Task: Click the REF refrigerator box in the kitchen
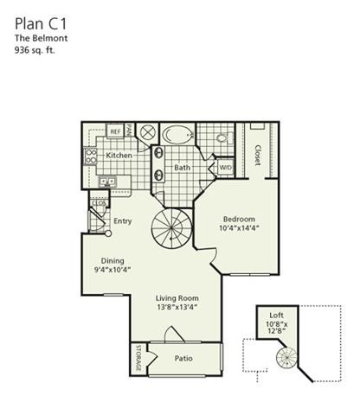114,131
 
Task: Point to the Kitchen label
119,156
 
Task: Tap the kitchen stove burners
91,156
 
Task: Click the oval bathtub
178,135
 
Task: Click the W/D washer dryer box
225,167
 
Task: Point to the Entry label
123,221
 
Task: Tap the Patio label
183,357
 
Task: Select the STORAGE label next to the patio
138,359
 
